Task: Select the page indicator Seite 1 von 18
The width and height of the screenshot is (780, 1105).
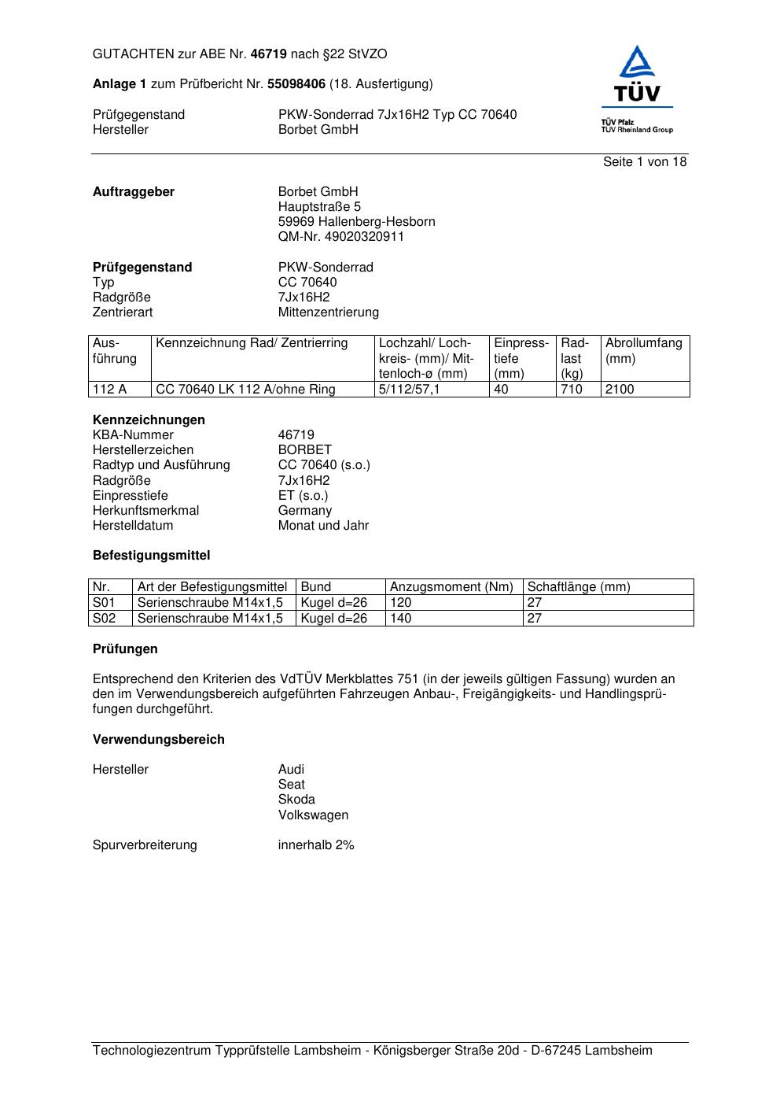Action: point(645,162)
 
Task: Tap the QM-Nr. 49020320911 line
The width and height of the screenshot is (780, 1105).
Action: point(341,237)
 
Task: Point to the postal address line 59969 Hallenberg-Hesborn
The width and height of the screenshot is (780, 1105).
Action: point(356,222)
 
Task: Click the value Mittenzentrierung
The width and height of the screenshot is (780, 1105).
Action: point(328,312)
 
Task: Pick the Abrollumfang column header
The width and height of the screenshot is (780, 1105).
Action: point(643,343)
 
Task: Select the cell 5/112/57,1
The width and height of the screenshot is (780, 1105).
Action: point(409,390)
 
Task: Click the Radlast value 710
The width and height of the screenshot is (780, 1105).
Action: point(572,390)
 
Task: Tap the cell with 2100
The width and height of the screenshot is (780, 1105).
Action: point(620,390)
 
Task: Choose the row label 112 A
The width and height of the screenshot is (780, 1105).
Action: point(109,390)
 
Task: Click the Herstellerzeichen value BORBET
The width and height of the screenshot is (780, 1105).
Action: point(304,450)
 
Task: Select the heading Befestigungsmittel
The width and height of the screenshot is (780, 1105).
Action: point(151,556)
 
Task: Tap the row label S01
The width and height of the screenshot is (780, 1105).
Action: point(104,603)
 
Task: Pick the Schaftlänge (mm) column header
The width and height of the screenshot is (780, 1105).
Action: point(579,587)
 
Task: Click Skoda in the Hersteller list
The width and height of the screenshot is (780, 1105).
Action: point(296,800)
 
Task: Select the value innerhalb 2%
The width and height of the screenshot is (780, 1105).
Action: point(316,845)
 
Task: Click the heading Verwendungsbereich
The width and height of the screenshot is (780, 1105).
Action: point(158,740)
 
